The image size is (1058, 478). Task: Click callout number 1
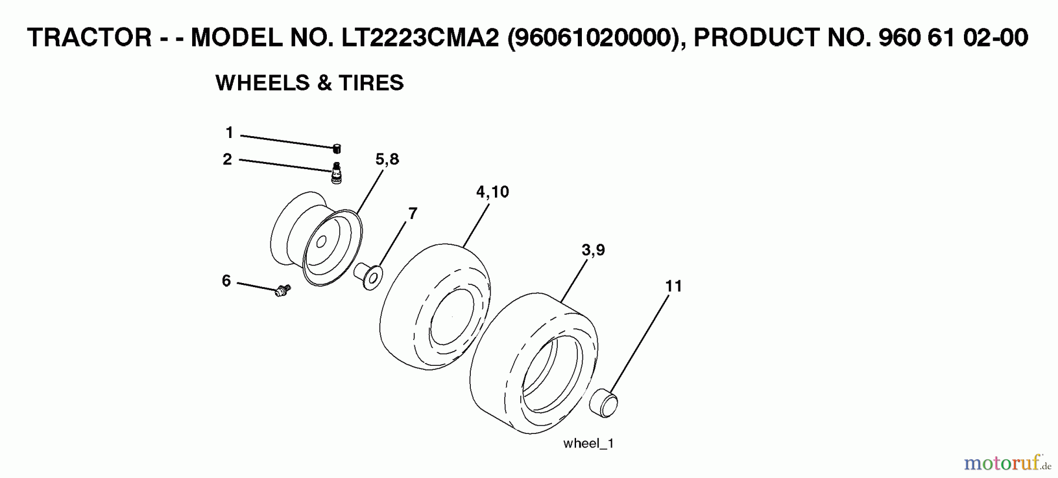click(229, 133)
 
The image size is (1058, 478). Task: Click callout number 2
click(227, 159)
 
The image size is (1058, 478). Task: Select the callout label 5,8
click(387, 159)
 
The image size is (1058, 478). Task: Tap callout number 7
click(413, 214)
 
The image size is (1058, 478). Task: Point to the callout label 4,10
click(492, 192)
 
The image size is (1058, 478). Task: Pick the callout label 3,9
click(592, 250)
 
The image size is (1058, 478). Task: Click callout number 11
click(673, 286)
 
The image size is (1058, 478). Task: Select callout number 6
click(226, 281)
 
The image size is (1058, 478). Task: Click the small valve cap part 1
click(337, 148)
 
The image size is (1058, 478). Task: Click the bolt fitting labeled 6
click(283, 290)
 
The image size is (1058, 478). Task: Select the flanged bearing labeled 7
click(369, 275)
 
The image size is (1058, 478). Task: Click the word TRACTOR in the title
click(89, 38)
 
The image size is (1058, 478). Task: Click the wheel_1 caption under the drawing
click(588, 443)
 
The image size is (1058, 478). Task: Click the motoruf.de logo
click(1006, 464)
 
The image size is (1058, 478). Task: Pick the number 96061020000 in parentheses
click(592, 38)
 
